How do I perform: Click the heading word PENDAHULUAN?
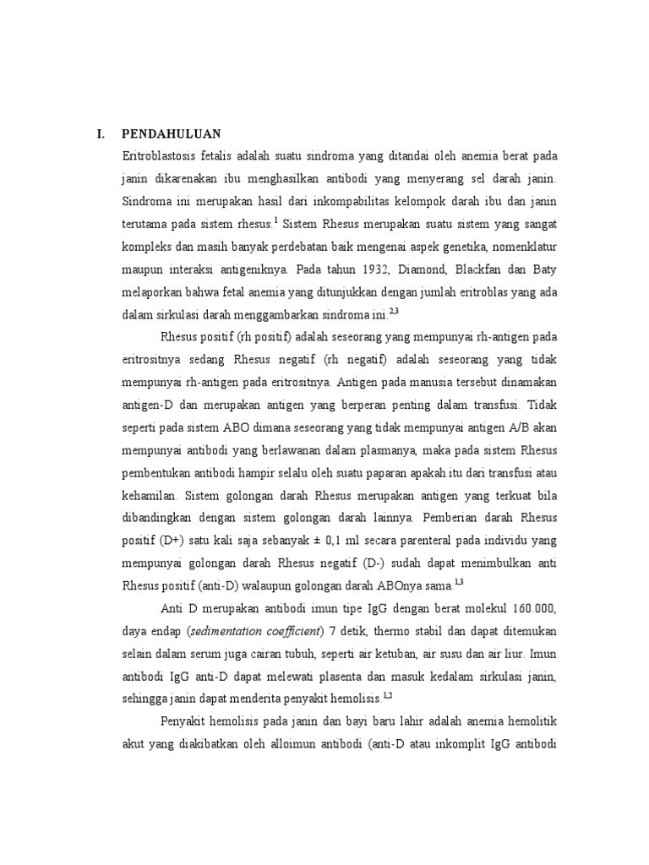point(171,133)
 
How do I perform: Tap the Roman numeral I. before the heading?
point(101,133)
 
